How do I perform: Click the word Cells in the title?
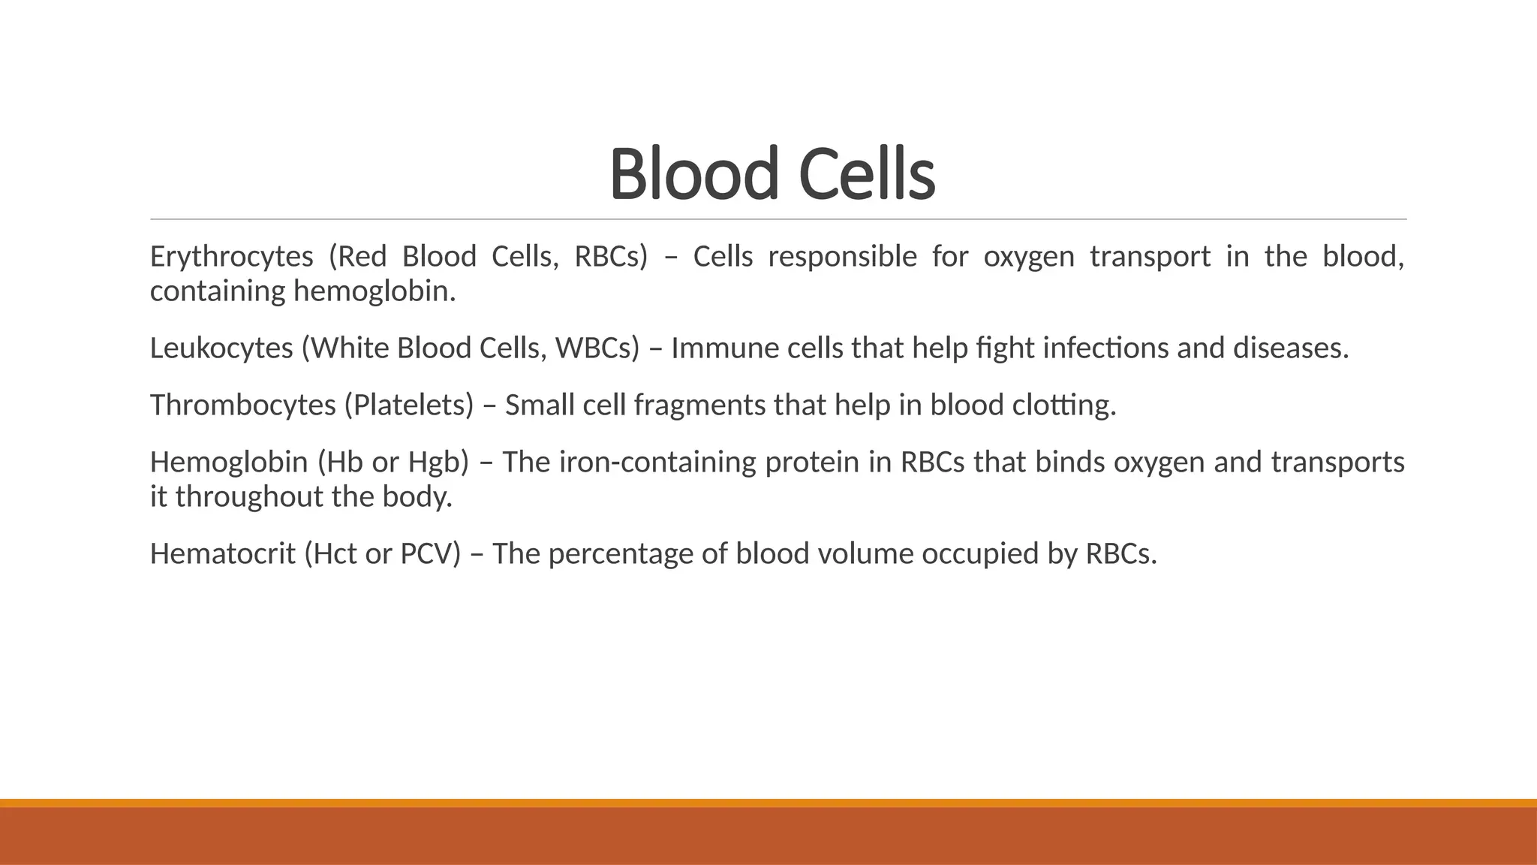point(871,174)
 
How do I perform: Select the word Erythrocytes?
point(231,258)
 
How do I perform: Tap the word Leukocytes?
point(221,349)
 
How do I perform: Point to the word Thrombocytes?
point(242,406)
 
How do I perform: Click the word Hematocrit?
point(223,555)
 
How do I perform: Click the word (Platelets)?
point(409,406)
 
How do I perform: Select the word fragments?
point(699,406)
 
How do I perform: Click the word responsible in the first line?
point(842,258)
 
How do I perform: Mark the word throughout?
point(249,497)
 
